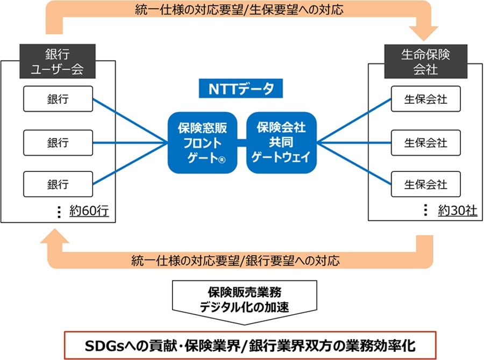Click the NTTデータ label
coord(241,89)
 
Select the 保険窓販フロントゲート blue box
coord(203,142)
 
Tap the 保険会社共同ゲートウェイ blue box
coord(281,142)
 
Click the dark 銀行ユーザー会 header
coord(58,61)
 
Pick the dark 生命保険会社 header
coord(426,61)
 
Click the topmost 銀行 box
coord(58,99)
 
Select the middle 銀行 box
coord(58,142)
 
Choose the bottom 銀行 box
coord(58,184)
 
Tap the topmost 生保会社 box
coord(426,99)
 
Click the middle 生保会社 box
coord(426,142)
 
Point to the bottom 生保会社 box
coord(426,184)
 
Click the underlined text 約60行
coord(89,211)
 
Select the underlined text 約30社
coord(458,211)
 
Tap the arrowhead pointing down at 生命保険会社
coord(424,33)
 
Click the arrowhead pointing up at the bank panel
coord(55,236)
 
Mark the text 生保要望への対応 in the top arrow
coord(296,10)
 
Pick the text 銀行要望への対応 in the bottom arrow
coord(293,261)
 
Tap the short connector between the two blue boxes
coord(241,142)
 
